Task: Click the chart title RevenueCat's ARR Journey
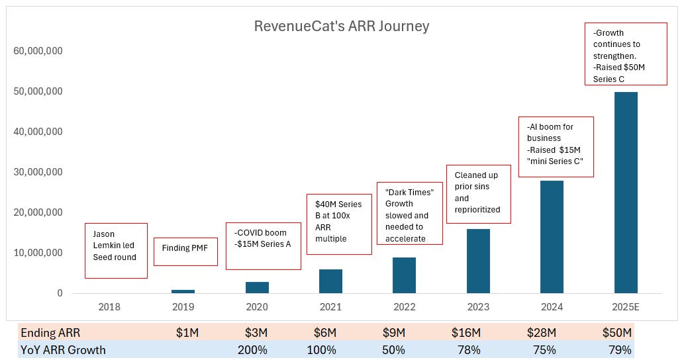point(342,26)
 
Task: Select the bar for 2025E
point(626,192)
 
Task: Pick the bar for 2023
point(478,261)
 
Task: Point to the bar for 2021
point(330,281)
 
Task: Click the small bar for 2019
point(183,291)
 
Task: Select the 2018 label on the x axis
point(109,307)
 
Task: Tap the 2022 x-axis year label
point(404,307)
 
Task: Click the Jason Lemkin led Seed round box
point(116,251)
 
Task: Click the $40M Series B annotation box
point(338,224)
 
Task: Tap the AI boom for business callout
point(556,147)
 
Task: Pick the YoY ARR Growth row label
point(63,349)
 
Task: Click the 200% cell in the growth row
point(252,349)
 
